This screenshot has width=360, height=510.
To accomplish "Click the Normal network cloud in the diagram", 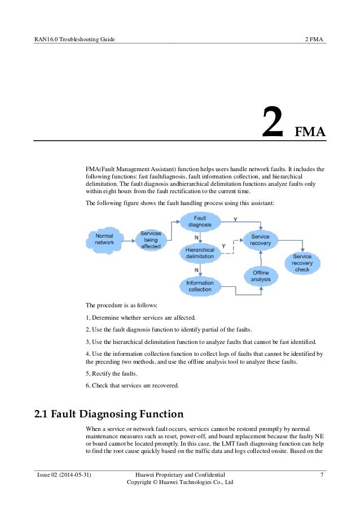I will pyautogui.click(x=104, y=239).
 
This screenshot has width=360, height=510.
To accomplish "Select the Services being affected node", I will pyautogui.click(x=151, y=239).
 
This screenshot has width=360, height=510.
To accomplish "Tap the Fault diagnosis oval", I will pyautogui.click(x=200, y=221).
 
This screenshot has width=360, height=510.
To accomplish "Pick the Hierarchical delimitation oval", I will pyautogui.click(x=200, y=252).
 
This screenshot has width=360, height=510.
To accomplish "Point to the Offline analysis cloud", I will pyautogui.click(x=261, y=276).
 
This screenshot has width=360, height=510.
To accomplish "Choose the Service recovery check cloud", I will pyautogui.click(x=302, y=263).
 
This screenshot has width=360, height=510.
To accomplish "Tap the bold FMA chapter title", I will pyautogui.click(x=311, y=132).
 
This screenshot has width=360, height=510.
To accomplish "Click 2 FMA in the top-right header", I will pyautogui.click(x=314, y=39).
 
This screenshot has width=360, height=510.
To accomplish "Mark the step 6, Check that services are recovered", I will pyautogui.click(x=131, y=386).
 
